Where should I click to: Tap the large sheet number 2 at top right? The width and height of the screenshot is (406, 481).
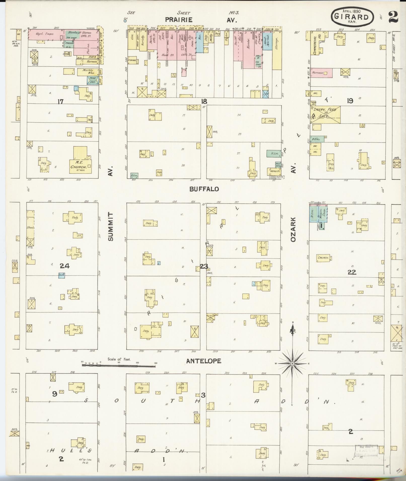[x=393, y=17]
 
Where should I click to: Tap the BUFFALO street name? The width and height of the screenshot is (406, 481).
[x=204, y=189]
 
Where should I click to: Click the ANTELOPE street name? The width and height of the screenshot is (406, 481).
[x=204, y=361]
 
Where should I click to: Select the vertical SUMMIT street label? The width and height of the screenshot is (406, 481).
[x=111, y=227]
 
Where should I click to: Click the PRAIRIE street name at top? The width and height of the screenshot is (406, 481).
[x=179, y=20]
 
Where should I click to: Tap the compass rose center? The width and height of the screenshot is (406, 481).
[x=292, y=364]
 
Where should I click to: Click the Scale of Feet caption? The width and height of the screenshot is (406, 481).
[x=119, y=359]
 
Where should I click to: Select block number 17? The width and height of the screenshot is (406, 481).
[x=60, y=101]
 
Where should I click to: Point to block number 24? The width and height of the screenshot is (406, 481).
[x=65, y=266]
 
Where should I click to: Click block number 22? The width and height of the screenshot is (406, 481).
[x=352, y=272]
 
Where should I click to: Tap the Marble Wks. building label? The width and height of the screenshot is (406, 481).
[x=88, y=72]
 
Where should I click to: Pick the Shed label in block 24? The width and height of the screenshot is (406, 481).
[x=30, y=227]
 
